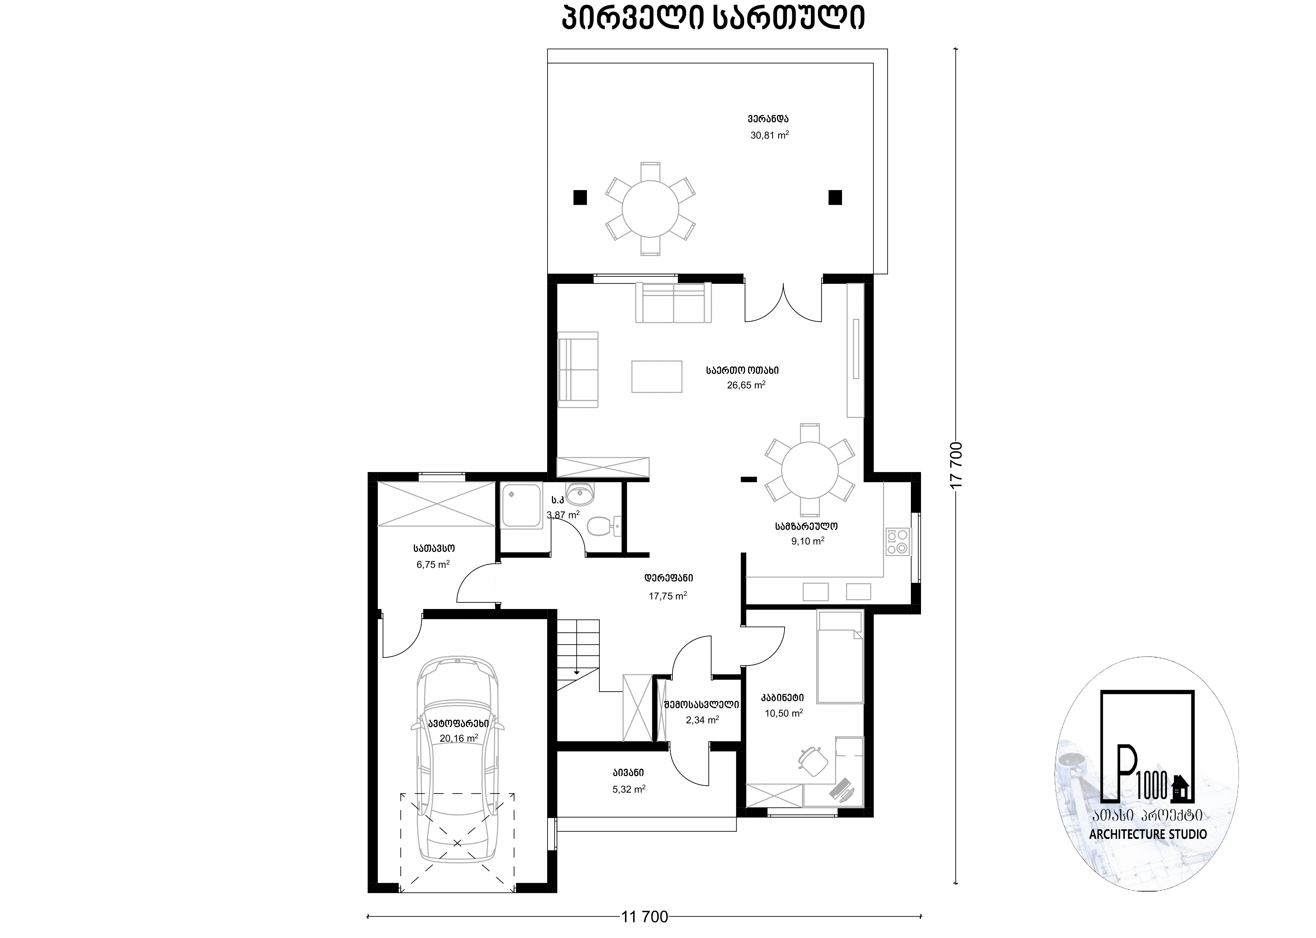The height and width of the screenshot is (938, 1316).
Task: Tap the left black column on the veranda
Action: (x=580, y=197)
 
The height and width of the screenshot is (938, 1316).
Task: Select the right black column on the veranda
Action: (x=835, y=197)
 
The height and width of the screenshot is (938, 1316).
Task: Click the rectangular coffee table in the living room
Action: (x=657, y=377)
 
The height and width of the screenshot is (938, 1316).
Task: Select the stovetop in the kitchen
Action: (x=897, y=542)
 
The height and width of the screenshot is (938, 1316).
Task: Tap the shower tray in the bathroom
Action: (x=521, y=505)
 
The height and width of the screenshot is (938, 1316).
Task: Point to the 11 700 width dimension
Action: (x=645, y=917)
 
